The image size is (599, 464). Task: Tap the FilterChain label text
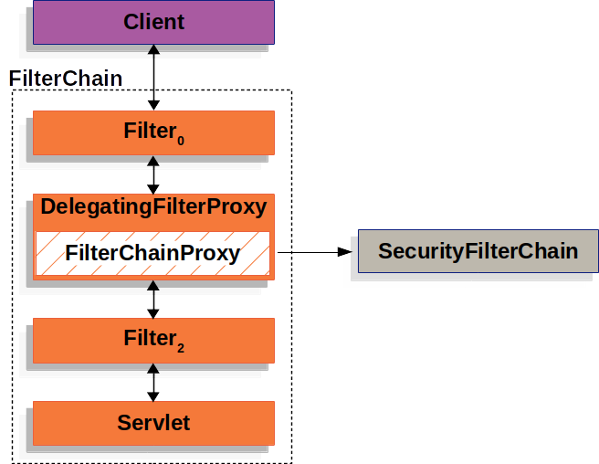[x=65, y=79]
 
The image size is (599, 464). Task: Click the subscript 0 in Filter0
[x=181, y=141]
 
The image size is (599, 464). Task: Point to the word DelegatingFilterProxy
[x=153, y=207]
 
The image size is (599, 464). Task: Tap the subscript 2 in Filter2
[x=181, y=348]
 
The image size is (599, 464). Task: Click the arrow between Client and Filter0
[x=153, y=78]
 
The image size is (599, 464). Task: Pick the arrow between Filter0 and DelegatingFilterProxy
[x=153, y=174]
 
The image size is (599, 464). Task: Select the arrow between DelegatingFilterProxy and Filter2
[x=153, y=299]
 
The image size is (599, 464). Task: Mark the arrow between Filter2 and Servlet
[x=153, y=382]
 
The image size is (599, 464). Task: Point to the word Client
[x=153, y=21]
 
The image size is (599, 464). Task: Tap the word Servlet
[x=153, y=422]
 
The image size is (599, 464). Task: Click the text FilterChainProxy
[x=153, y=253]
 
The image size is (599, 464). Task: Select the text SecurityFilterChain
[x=478, y=251]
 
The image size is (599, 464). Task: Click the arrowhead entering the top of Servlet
[x=153, y=395]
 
